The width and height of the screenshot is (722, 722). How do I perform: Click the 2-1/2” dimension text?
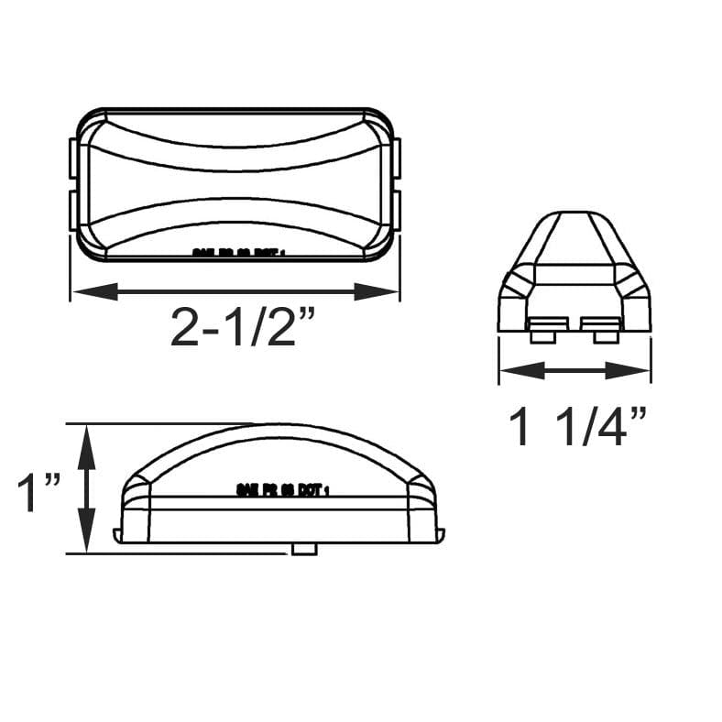[235, 326]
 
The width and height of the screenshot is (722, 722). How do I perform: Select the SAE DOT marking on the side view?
[282, 490]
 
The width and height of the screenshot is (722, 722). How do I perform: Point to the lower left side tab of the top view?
[72, 208]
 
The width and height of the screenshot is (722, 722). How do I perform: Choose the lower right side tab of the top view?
[397, 208]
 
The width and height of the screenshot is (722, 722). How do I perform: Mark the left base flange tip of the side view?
[116, 534]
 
